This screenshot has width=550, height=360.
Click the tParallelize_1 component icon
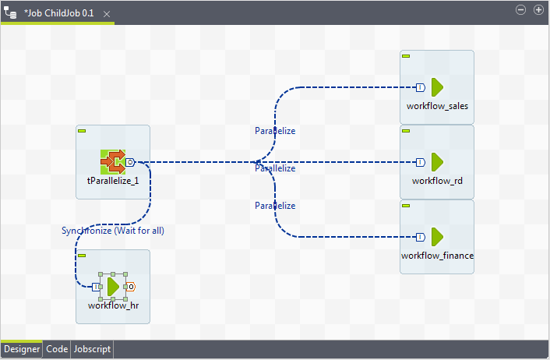(113, 162)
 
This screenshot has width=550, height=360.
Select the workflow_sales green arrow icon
(437, 86)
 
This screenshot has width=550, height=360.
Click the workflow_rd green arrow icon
(437, 162)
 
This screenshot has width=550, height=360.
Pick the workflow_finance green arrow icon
(437, 236)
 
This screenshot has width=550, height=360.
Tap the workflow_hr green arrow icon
(114, 287)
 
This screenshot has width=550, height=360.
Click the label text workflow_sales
(437, 105)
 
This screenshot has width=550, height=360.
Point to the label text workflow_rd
(437, 181)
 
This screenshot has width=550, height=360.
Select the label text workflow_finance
(437, 256)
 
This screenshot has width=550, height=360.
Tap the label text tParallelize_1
(113, 181)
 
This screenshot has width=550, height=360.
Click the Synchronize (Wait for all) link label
(113, 231)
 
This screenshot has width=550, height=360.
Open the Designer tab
(21, 350)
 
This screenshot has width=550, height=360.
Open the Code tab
(57, 350)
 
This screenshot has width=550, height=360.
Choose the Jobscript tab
(92, 350)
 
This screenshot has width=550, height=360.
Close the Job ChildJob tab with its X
(107, 14)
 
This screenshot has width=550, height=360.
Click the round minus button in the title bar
(522, 9)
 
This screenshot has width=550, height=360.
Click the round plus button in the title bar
(538, 9)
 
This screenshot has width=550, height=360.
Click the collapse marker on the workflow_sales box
(406, 56)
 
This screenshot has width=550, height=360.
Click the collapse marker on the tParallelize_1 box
(82, 131)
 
